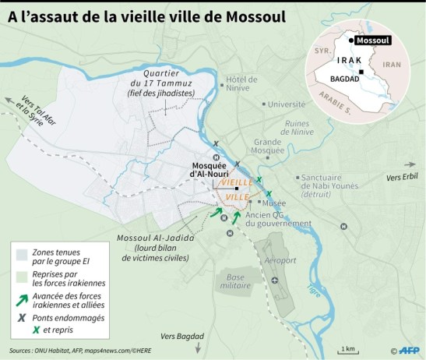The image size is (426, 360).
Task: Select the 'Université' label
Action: (262, 104)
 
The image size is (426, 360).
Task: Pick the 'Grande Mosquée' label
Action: (272, 148)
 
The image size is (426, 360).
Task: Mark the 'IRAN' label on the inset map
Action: (393, 65)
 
